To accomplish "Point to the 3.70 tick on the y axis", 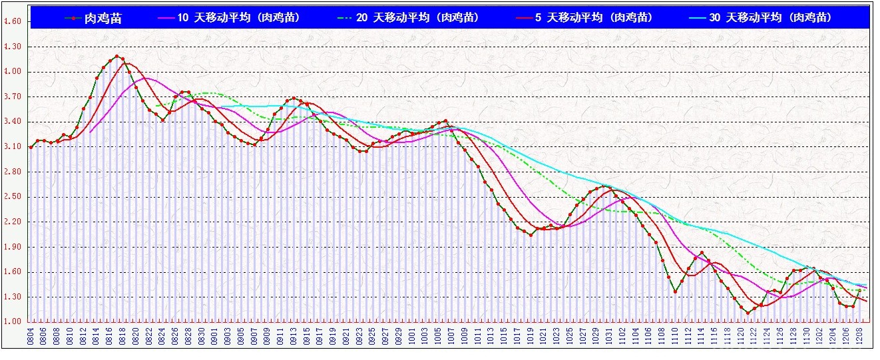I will [13, 97].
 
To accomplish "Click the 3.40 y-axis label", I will [13, 122].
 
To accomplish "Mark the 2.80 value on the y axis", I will [13, 172].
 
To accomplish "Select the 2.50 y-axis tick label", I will [13, 197].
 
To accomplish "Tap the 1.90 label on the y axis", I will [13, 247].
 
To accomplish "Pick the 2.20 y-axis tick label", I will [13, 222].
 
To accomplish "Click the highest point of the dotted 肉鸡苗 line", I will [116, 57].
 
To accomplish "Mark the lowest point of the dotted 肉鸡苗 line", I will [748, 313].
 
